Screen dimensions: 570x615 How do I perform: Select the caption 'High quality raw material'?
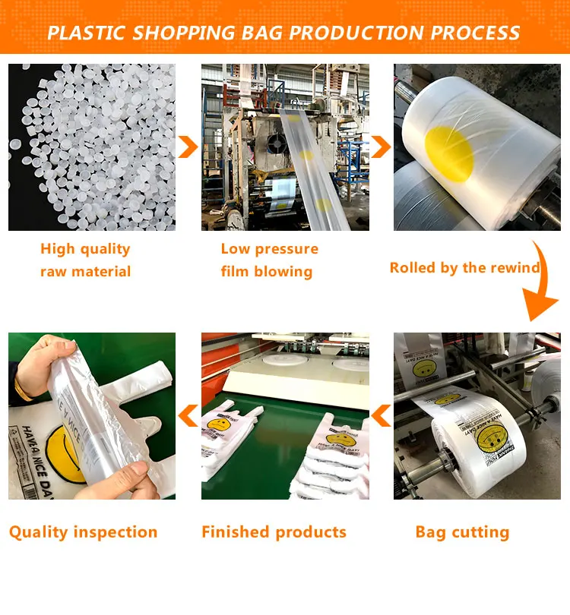coord(85,260)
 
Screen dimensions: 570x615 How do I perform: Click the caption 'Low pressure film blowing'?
coord(269,260)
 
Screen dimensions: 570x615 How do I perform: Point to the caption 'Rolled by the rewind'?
coord(464,267)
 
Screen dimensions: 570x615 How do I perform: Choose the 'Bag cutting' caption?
coord(462,531)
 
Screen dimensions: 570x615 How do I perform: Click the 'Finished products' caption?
coord(274,531)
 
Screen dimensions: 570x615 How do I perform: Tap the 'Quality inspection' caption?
coord(84,531)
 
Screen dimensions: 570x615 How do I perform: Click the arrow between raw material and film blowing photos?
coord(188,147)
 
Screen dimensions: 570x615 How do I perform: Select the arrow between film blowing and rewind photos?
coord(381,147)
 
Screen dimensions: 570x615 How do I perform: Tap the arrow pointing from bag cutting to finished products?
coord(381,415)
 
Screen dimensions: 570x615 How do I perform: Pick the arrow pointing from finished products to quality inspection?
coord(188,415)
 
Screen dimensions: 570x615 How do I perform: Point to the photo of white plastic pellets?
coord(91,147)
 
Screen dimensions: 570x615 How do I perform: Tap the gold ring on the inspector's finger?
coord(26,393)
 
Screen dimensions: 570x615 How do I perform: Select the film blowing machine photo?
coord(285,147)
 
